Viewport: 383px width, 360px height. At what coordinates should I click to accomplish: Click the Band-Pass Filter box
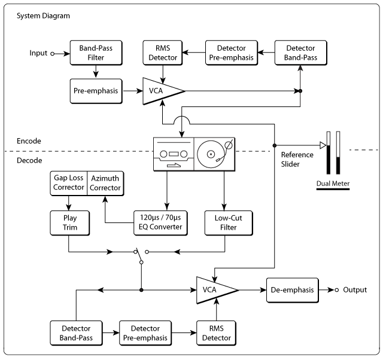(x=96, y=53)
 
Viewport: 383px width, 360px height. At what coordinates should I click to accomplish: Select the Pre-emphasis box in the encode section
(x=96, y=91)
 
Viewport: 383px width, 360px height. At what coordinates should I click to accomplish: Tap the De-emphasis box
(x=293, y=290)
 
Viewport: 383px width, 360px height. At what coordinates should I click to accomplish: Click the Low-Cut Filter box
(x=229, y=223)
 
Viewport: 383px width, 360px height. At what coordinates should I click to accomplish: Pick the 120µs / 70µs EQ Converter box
(x=160, y=223)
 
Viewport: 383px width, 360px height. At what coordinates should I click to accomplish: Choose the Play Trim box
(x=70, y=223)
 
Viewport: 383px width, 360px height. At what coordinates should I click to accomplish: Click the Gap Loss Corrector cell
(x=69, y=184)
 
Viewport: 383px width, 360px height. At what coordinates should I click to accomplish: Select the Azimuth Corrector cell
(x=105, y=184)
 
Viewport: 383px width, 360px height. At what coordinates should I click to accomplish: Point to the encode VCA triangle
(x=161, y=91)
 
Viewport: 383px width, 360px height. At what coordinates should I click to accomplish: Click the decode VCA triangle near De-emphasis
(x=215, y=290)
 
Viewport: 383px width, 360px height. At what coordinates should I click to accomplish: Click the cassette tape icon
(x=174, y=154)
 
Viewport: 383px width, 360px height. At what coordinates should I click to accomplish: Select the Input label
(x=38, y=53)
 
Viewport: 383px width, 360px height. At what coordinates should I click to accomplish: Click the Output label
(x=355, y=290)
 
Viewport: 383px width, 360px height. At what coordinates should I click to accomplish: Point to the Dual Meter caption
(x=333, y=184)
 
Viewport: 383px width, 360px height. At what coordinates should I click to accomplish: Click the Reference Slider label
(x=297, y=160)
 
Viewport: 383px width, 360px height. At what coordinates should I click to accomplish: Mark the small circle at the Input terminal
(x=52, y=54)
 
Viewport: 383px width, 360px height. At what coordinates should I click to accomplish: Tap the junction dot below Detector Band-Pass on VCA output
(x=300, y=91)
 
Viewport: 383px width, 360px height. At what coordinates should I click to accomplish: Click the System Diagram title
(x=43, y=16)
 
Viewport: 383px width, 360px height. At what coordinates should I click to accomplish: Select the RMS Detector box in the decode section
(x=217, y=333)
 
